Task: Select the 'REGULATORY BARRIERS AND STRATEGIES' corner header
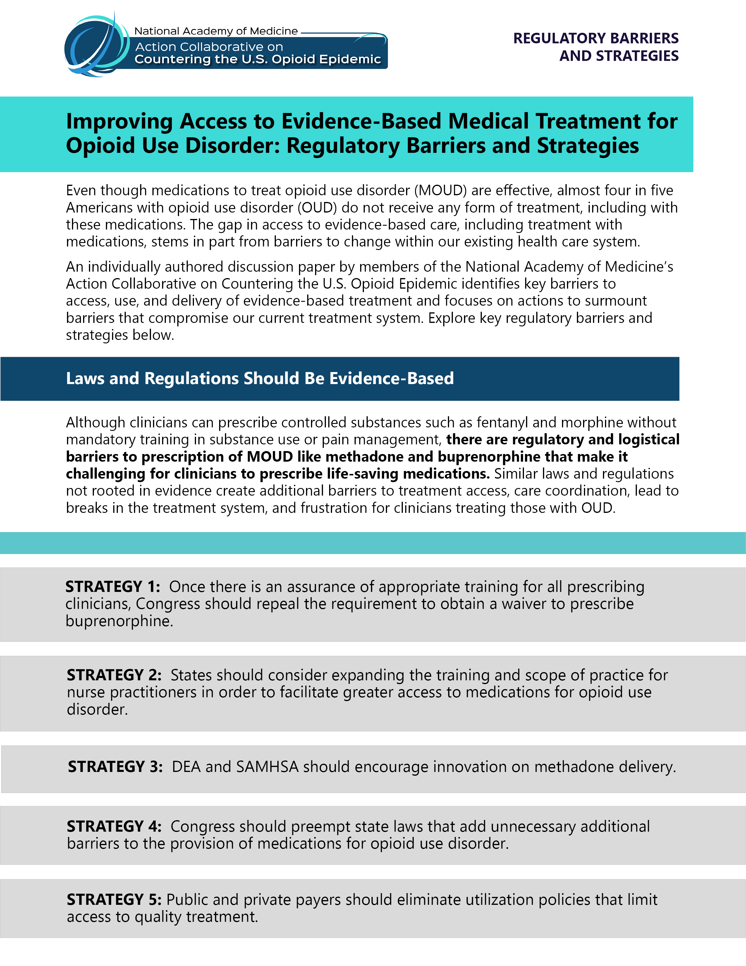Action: (x=596, y=47)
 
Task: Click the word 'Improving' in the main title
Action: (x=119, y=122)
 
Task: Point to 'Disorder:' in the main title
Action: (x=233, y=146)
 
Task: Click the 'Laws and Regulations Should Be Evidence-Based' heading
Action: (x=260, y=378)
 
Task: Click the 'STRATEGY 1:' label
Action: (x=113, y=587)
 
